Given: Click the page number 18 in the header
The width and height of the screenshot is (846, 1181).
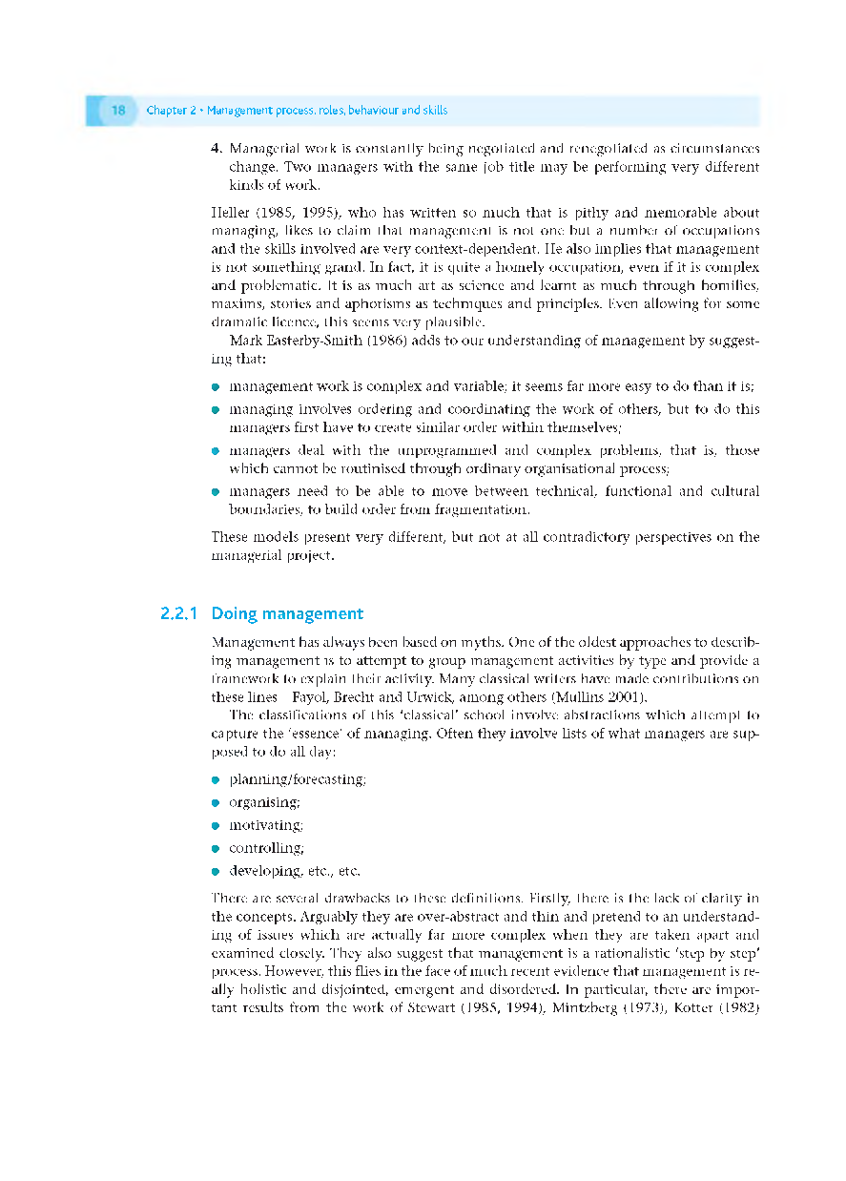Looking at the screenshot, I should click(118, 111).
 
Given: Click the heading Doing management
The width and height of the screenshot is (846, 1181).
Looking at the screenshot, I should click(287, 613).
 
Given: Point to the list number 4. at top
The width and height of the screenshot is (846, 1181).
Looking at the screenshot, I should click(217, 149).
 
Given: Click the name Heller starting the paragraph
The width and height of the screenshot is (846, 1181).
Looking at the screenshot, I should click(229, 213).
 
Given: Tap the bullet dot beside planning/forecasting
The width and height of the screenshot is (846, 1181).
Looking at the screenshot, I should click(217, 780).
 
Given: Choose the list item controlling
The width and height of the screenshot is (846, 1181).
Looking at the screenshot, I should click(266, 848).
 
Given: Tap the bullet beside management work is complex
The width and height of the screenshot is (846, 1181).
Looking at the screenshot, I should click(217, 387).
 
